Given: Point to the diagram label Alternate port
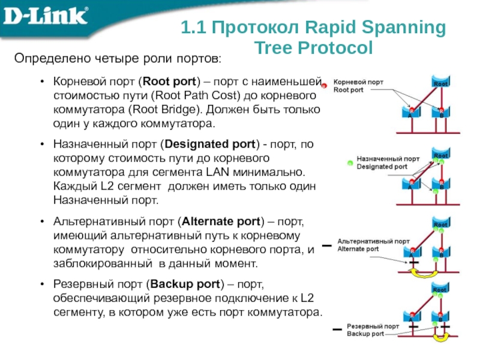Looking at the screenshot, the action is tap(358, 248).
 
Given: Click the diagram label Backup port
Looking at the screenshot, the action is tap(365, 333).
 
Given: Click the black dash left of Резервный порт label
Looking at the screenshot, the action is tap(337, 330).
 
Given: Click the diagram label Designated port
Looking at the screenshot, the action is tap(382, 166).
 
